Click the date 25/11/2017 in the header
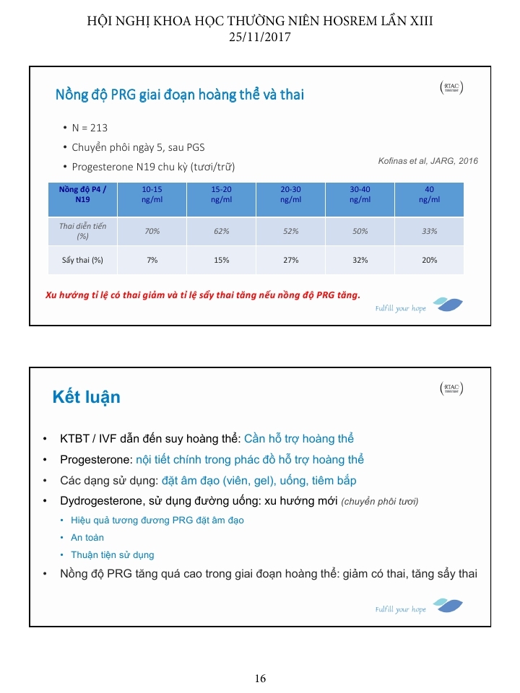pos(260,38)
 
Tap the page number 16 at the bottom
pos(260,679)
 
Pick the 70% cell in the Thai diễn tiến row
pos(152,231)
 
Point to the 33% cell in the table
pos(429,231)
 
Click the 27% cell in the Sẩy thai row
pos(291,260)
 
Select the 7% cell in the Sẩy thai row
pos(152,260)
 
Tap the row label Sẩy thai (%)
pos(82,260)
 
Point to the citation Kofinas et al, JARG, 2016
pos(428,161)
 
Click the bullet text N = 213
pos(90,128)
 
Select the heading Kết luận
pos(86,397)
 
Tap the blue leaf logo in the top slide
pos(448,304)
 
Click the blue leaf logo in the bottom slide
pos(448,605)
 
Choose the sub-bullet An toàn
pos(87,538)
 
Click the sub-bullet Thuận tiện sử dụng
pos(112,555)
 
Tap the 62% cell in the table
pos(222,231)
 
